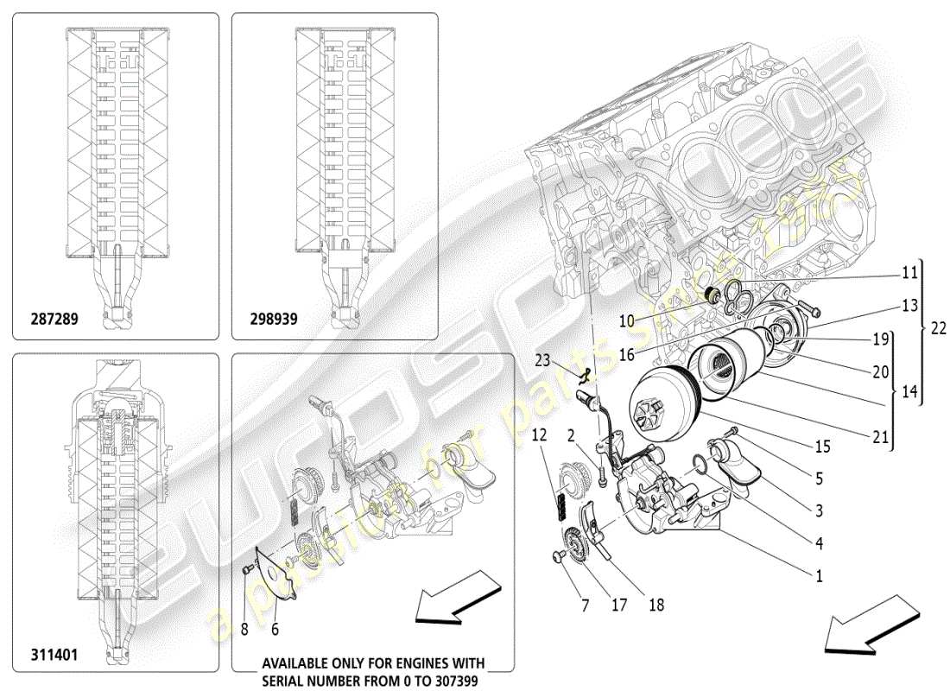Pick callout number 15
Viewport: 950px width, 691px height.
(822, 447)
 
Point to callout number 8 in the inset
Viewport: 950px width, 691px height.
(244, 630)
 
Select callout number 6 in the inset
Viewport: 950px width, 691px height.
(275, 630)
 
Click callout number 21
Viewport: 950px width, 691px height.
(880, 437)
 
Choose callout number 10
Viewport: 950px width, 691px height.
(626, 320)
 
